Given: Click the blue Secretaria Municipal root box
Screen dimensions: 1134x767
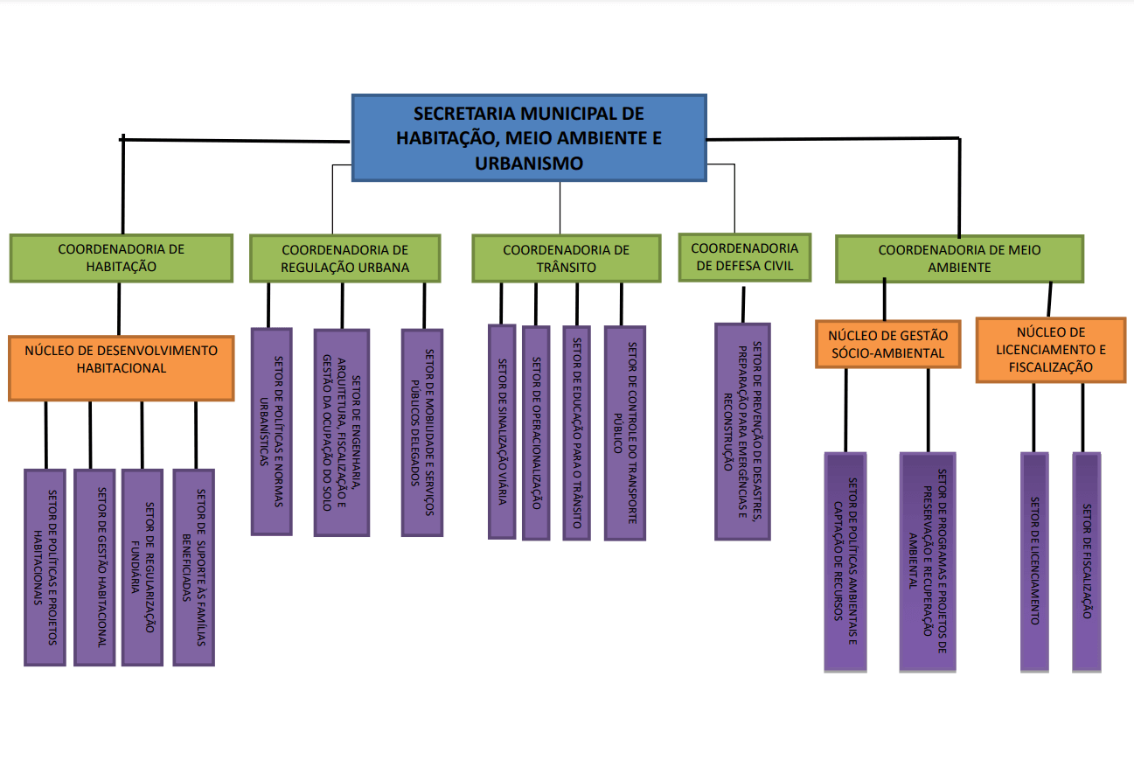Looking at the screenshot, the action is (x=529, y=137).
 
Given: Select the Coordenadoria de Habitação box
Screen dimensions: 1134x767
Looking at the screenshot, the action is (x=122, y=258).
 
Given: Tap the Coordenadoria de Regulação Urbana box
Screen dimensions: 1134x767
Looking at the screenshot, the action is (x=344, y=259).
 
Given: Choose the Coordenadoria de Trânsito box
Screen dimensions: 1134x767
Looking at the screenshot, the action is (x=567, y=259).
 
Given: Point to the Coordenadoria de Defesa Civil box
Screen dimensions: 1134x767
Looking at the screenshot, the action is (x=745, y=257).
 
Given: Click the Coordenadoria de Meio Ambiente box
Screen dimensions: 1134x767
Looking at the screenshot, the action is (x=959, y=259).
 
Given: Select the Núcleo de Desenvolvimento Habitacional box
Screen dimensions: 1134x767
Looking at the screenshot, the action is (x=122, y=368).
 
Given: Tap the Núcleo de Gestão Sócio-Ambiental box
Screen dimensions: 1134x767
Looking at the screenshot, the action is (x=888, y=345).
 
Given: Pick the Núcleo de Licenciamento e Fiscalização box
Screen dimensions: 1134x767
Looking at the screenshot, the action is (x=1051, y=350).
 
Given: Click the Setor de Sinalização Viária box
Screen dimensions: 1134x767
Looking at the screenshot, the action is (x=502, y=432).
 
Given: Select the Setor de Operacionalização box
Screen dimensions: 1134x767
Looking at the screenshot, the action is (x=536, y=433).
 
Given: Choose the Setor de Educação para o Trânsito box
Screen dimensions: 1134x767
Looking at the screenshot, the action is (x=577, y=433).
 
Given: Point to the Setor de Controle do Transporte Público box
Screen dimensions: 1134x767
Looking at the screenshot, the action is (x=625, y=433).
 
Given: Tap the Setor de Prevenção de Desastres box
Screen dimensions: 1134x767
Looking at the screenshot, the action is (x=742, y=431).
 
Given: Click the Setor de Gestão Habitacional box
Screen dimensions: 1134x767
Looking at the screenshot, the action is (x=94, y=567).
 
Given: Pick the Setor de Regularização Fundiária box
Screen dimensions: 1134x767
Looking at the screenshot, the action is (x=143, y=567).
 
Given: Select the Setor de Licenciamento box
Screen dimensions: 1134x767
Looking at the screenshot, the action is (x=1034, y=562).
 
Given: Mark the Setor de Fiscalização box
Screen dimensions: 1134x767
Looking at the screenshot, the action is (x=1087, y=562).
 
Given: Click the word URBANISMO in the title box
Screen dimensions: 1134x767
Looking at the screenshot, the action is (x=529, y=163).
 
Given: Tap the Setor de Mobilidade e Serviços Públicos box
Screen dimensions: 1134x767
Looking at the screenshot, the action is (x=422, y=432).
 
